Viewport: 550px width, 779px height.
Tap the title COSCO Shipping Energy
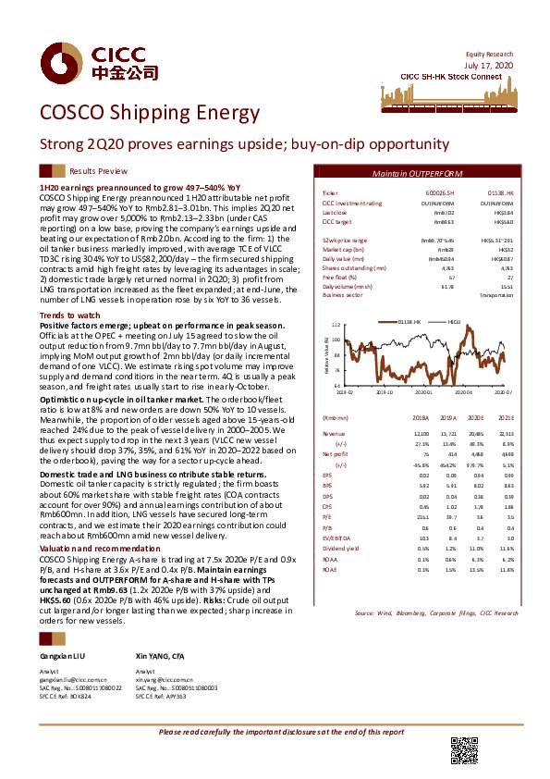pos(149,113)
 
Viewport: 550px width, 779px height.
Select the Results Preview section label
pos(99,172)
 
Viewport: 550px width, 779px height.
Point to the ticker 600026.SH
pos(422,192)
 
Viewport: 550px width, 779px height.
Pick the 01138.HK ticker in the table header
pos(499,192)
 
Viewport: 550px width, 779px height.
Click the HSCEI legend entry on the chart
pos(454,320)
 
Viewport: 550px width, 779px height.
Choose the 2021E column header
pos(504,417)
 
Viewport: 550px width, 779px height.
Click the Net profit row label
pos(335,455)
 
